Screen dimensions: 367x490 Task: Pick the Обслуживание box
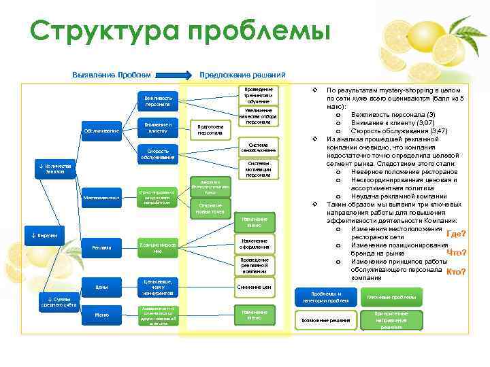(101, 130)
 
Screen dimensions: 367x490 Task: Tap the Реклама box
(101, 248)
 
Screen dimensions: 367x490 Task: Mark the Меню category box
(101, 315)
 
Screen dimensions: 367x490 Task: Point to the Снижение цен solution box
(254, 287)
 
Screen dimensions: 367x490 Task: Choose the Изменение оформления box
(254, 244)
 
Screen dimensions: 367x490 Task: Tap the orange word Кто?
(455, 272)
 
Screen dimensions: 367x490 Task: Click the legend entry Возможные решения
(325, 319)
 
